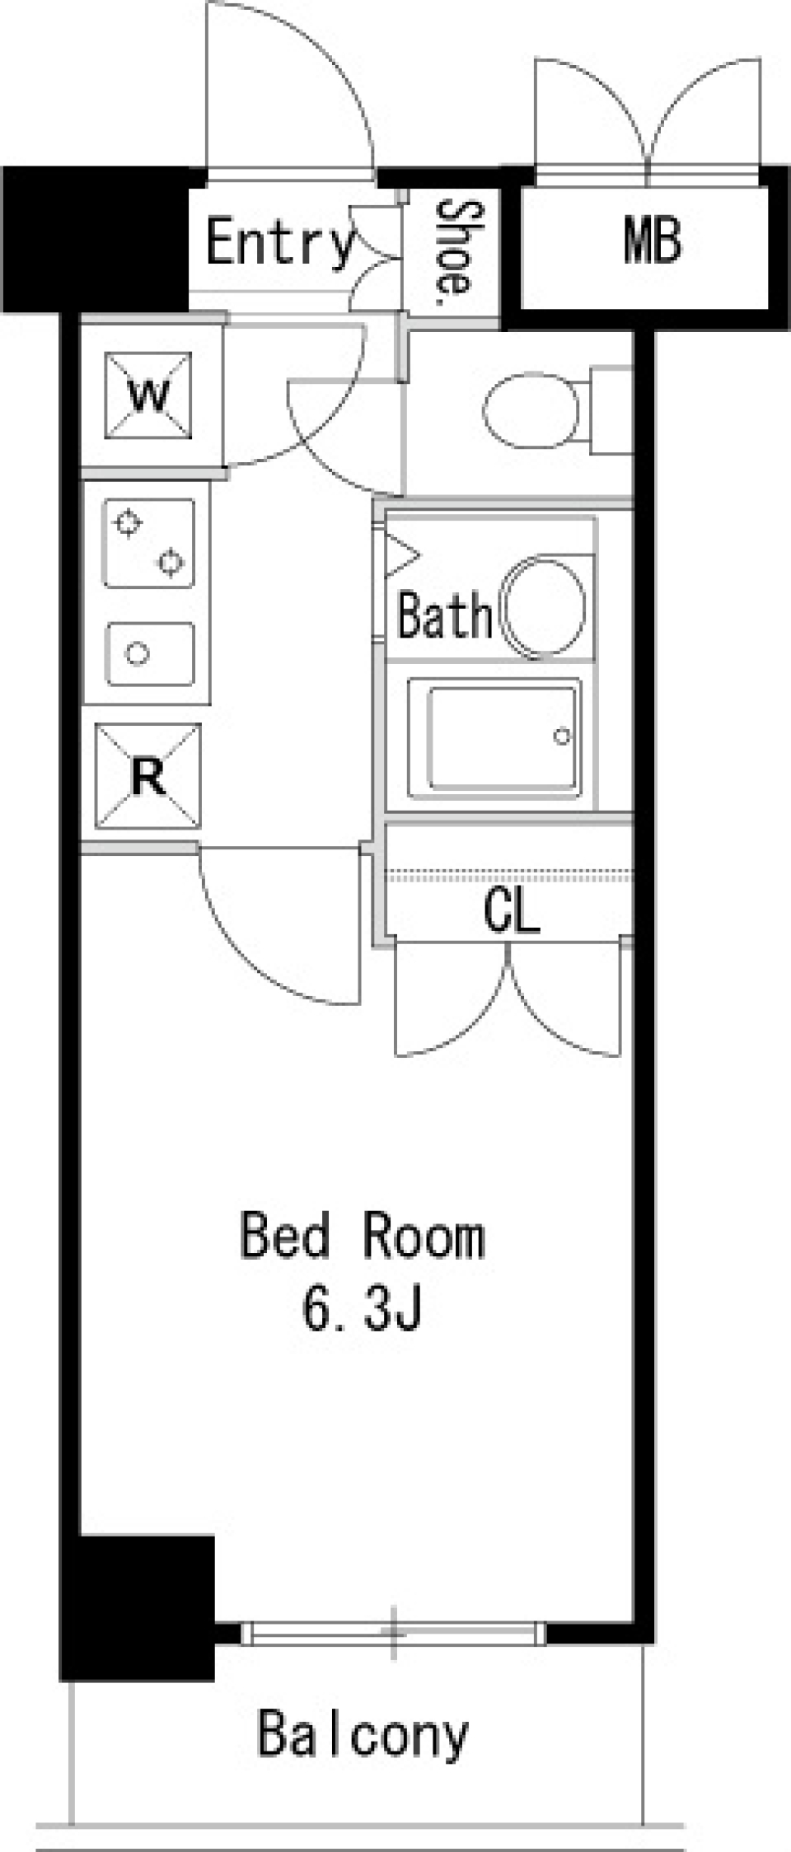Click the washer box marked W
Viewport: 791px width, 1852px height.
[x=148, y=395]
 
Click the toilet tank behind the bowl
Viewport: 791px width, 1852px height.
[x=611, y=411]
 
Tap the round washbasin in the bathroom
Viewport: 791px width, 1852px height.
[x=545, y=607]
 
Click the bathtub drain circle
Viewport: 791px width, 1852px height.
[x=562, y=737]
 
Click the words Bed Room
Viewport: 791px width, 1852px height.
[x=363, y=1237]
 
